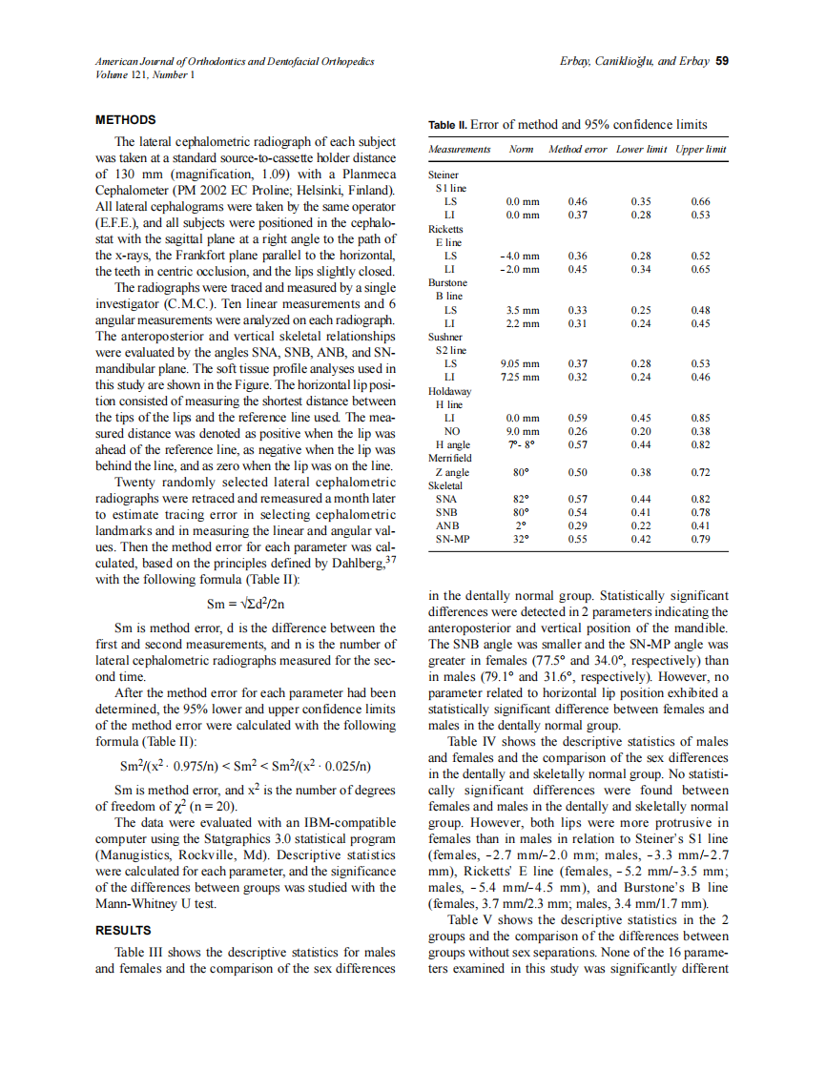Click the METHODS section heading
[126, 120]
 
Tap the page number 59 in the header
[722, 61]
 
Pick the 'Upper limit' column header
[701, 150]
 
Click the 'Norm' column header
[521, 150]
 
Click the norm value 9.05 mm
[520, 363]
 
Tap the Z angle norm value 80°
[521, 472]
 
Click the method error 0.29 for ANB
[577, 525]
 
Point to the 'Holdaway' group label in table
[449, 391]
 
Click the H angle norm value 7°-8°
[521, 444]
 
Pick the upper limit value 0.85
[700, 418]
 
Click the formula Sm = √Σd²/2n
[247, 604]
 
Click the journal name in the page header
[235, 61]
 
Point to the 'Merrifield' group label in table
[450, 459]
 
